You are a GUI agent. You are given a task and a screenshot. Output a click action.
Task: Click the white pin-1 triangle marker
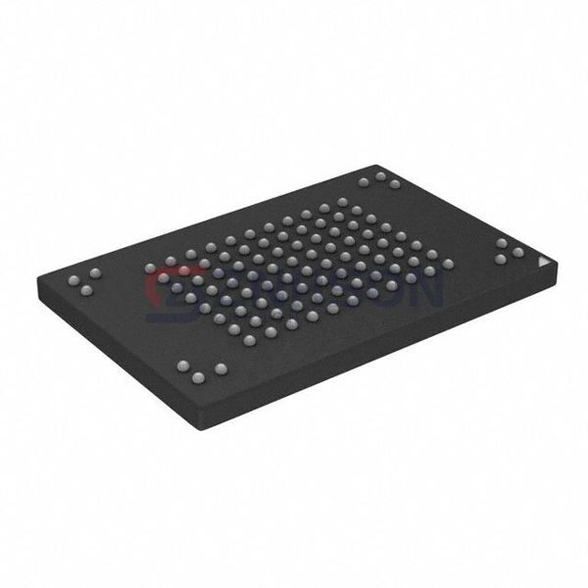(x=546, y=264)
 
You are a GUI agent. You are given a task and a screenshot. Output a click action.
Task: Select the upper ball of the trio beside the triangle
(x=502, y=242)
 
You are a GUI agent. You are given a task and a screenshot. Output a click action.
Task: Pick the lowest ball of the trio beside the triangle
(x=501, y=260)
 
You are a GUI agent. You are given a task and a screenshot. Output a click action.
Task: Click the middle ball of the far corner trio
(x=379, y=176)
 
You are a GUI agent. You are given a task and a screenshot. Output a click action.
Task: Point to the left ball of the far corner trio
(x=363, y=181)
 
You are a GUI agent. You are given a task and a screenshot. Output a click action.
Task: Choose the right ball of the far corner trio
(x=395, y=183)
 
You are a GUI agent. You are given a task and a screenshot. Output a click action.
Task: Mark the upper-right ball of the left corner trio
(x=95, y=271)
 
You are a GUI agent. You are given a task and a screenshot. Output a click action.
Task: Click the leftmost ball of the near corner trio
(x=182, y=365)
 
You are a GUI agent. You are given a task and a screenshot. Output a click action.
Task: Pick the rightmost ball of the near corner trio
(x=220, y=368)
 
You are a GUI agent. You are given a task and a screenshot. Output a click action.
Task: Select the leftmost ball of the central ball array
(x=149, y=268)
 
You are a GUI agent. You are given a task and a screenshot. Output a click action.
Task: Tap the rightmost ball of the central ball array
(x=448, y=264)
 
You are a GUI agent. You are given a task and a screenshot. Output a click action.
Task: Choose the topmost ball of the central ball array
(x=342, y=202)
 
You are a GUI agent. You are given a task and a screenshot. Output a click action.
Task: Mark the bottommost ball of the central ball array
(x=249, y=340)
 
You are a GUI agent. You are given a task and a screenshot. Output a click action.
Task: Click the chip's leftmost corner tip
(x=37, y=284)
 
